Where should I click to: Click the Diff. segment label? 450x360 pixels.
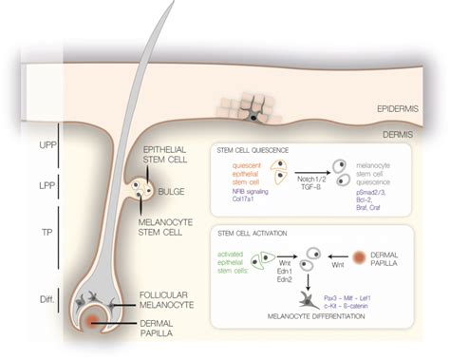coord(20,299)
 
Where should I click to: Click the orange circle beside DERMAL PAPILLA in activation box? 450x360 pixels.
coord(387,257)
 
